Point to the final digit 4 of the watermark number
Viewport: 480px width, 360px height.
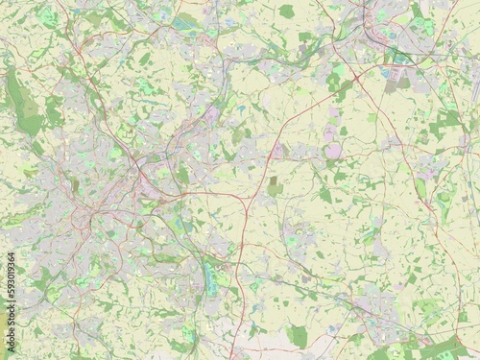[x=8, y=257]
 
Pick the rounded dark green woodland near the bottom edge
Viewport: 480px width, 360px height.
[x=299, y=336]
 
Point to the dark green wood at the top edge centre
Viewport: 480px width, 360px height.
[x=285, y=12]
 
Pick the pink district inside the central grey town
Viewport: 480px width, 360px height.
[x=209, y=116]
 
